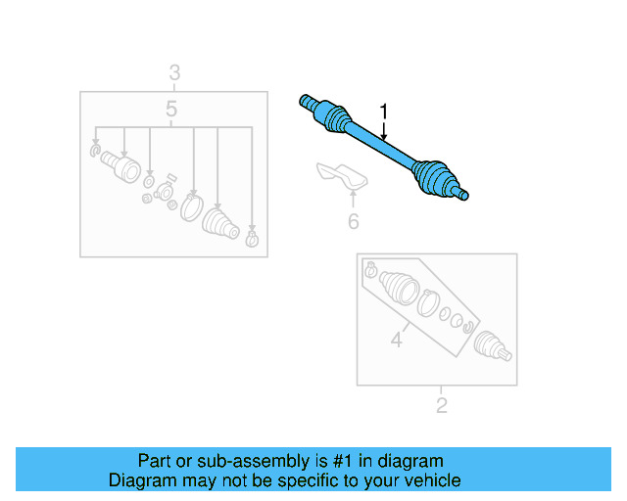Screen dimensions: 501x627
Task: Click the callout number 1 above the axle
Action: pyautogui.click(x=384, y=112)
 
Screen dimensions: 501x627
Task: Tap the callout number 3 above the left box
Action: pyautogui.click(x=173, y=72)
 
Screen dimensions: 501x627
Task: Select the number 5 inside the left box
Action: pyautogui.click(x=171, y=110)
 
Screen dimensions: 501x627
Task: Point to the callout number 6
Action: pyautogui.click(x=353, y=222)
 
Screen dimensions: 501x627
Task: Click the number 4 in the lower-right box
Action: pyautogui.click(x=397, y=341)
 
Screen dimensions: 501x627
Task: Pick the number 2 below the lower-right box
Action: pyautogui.click(x=441, y=405)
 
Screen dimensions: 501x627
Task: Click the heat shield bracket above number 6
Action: pyautogui.click(x=342, y=178)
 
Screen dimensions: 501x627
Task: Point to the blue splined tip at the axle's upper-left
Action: pyautogui.click(x=305, y=99)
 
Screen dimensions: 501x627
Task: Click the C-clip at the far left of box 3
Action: pyautogui.click(x=95, y=149)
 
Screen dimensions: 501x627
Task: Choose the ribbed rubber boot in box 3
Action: pyautogui.click(x=219, y=224)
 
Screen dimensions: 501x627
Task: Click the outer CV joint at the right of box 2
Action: pyautogui.click(x=490, y=346)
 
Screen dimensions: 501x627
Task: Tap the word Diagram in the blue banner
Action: pyautogui.click(x=138, y=480)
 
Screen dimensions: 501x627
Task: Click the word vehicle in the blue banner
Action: pyautogui.click(x=430, y=480)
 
